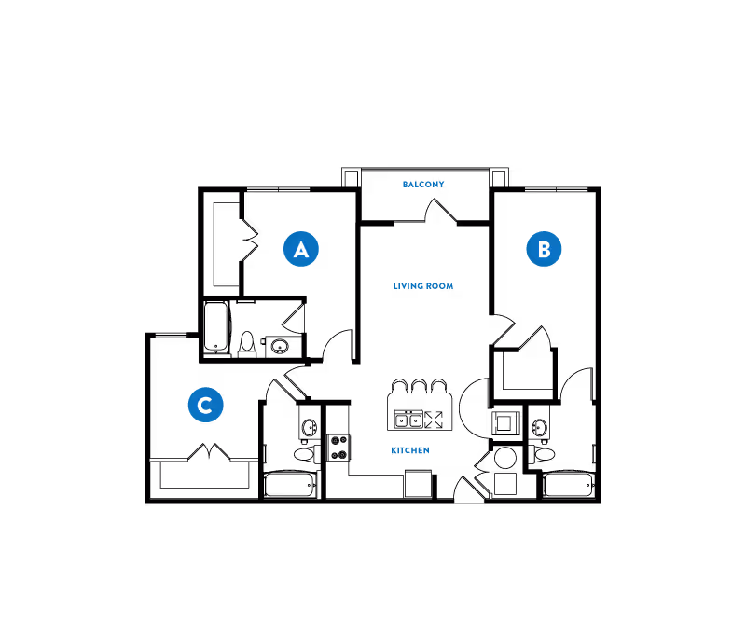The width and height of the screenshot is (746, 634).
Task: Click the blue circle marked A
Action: click(x=301, y=249)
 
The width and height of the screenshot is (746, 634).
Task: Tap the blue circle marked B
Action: click(x=544, y=249)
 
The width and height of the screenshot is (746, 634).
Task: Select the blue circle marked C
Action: click(x=205, y=405)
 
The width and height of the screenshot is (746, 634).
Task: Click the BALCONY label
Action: click(x=423, y=185)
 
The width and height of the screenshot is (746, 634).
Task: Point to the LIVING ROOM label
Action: click(x=423, y=286)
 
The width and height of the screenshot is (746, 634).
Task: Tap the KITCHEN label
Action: click(x=410, y=450)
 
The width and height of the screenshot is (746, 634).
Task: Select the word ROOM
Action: click(x=440, y=286)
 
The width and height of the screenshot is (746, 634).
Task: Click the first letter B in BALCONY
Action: click(x=405, y=185)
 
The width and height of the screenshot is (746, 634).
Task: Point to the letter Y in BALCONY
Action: click(x=442, y=185)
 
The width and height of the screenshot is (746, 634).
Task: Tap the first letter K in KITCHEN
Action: click(x=394, y=450)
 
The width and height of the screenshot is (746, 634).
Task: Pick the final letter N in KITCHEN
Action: click(x=426, y=450)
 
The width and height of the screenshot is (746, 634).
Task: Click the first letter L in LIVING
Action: click(x=395, y=286)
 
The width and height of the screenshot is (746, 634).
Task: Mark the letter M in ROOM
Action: click(x=449, y=286)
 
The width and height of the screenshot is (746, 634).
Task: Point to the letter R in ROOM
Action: click(x=429, y=286)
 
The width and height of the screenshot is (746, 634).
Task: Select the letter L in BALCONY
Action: click(x=417, y=185)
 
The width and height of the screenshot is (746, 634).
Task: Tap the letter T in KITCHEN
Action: click(x=402, y=450)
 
